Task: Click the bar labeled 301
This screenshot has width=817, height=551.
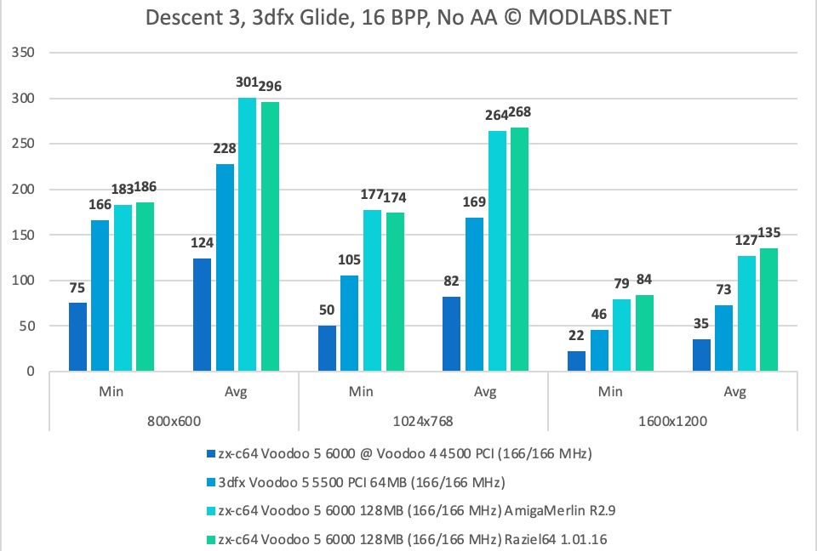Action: tap(247, 235)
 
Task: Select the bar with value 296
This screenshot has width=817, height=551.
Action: tap(270, 236)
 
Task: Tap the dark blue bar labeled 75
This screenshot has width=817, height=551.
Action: tap(77, 337)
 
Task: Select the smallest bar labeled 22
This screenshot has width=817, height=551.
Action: tap(577, 361)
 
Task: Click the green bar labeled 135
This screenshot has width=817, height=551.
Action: tap(768, 310)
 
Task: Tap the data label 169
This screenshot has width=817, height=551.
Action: tap(473, 203)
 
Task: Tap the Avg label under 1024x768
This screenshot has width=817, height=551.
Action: tap(485, 392)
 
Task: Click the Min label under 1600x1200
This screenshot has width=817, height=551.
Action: tap(610, 392)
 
